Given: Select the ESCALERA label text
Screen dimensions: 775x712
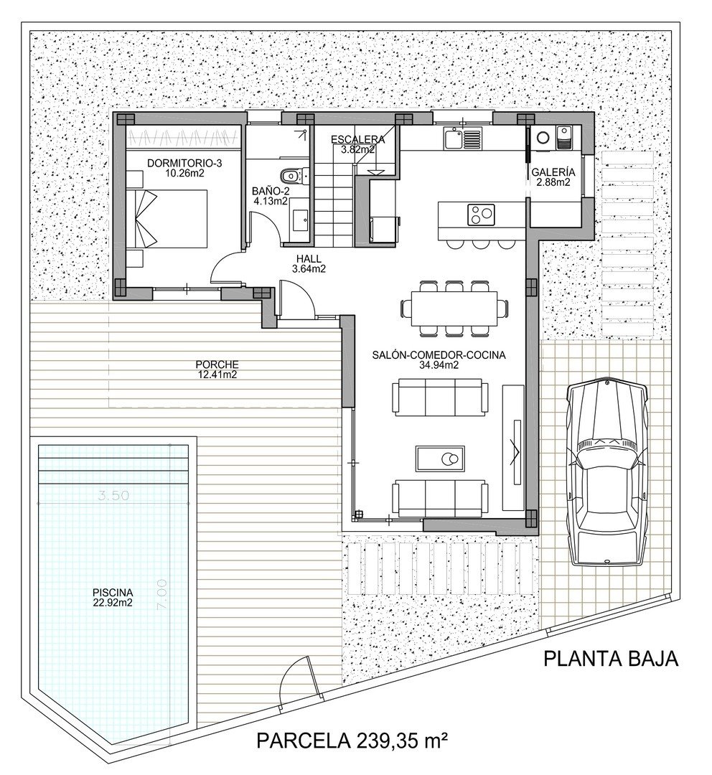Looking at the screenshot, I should pos(357,140).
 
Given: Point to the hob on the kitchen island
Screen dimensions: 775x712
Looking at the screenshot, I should pos(481,212).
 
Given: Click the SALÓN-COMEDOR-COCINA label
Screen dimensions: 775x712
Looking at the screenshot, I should pos(440,354).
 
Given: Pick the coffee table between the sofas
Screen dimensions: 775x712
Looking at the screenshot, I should pos(441,457).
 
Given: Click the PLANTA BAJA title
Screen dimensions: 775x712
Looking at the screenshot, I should pos(610,659).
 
